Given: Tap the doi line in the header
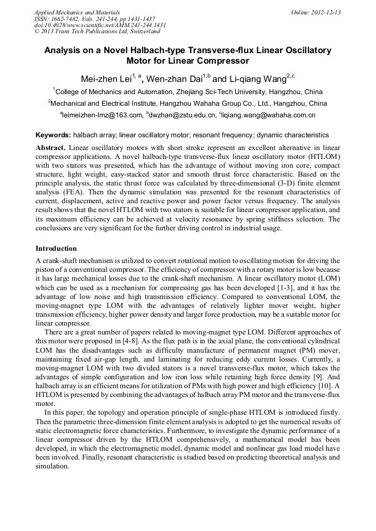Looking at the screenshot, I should pos(100,25).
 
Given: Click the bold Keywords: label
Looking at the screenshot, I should pos(53,135).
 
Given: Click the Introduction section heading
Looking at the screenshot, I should pos(56,248).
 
